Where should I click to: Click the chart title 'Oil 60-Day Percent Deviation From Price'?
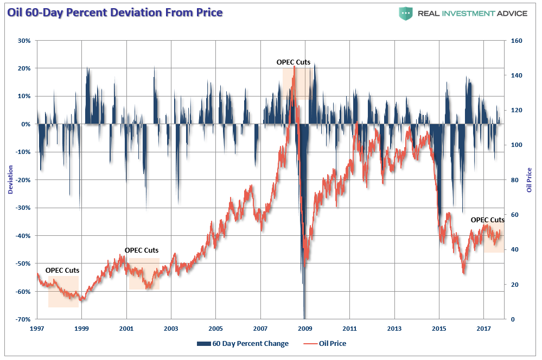(x=114, y=12)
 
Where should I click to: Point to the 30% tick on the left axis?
(x=23, y=41)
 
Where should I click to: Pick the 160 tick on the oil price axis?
(x=516, y=41)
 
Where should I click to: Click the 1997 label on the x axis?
(x=37, y=329)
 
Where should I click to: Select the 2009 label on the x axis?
(x=305, y=329)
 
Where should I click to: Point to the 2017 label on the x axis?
(x=483, y=329)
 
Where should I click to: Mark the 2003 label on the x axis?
(x=171, y=329)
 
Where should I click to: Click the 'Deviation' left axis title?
(x=10, y=180)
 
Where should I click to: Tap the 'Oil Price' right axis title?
(x=530, y=180)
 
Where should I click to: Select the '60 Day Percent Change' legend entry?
(x=243, y=344)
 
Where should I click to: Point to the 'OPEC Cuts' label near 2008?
(x=294, y=62)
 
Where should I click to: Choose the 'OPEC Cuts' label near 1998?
(x=62, y=270)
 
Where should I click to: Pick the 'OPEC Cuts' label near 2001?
(x=142, y=250)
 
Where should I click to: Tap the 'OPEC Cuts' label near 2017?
(x=487, y=220)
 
